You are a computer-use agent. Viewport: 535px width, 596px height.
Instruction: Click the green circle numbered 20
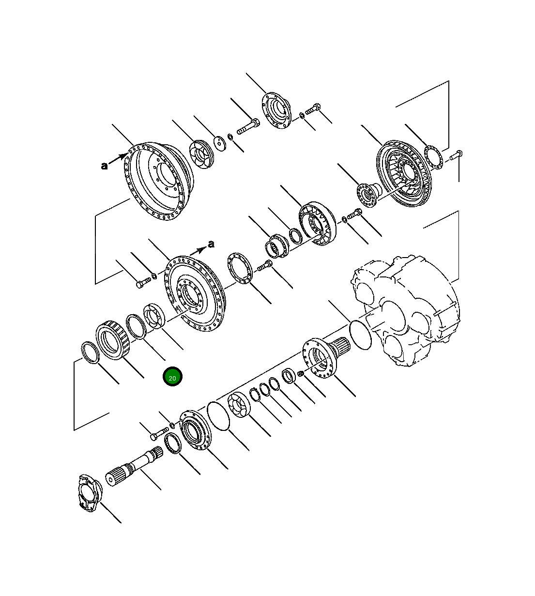[x=172, y=377]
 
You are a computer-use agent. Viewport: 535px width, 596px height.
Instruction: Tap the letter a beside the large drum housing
[x=104, y=166]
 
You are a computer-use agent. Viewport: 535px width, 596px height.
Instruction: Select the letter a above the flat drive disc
[x=211, y=244]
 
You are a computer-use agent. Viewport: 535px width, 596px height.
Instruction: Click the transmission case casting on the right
[x=405, y=310]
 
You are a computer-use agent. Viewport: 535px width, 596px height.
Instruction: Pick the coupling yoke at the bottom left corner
[x=90, y=497]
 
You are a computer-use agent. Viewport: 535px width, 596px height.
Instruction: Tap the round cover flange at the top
[x=276, y=111]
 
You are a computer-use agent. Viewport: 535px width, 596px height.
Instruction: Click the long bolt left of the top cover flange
[x=248, y=126]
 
